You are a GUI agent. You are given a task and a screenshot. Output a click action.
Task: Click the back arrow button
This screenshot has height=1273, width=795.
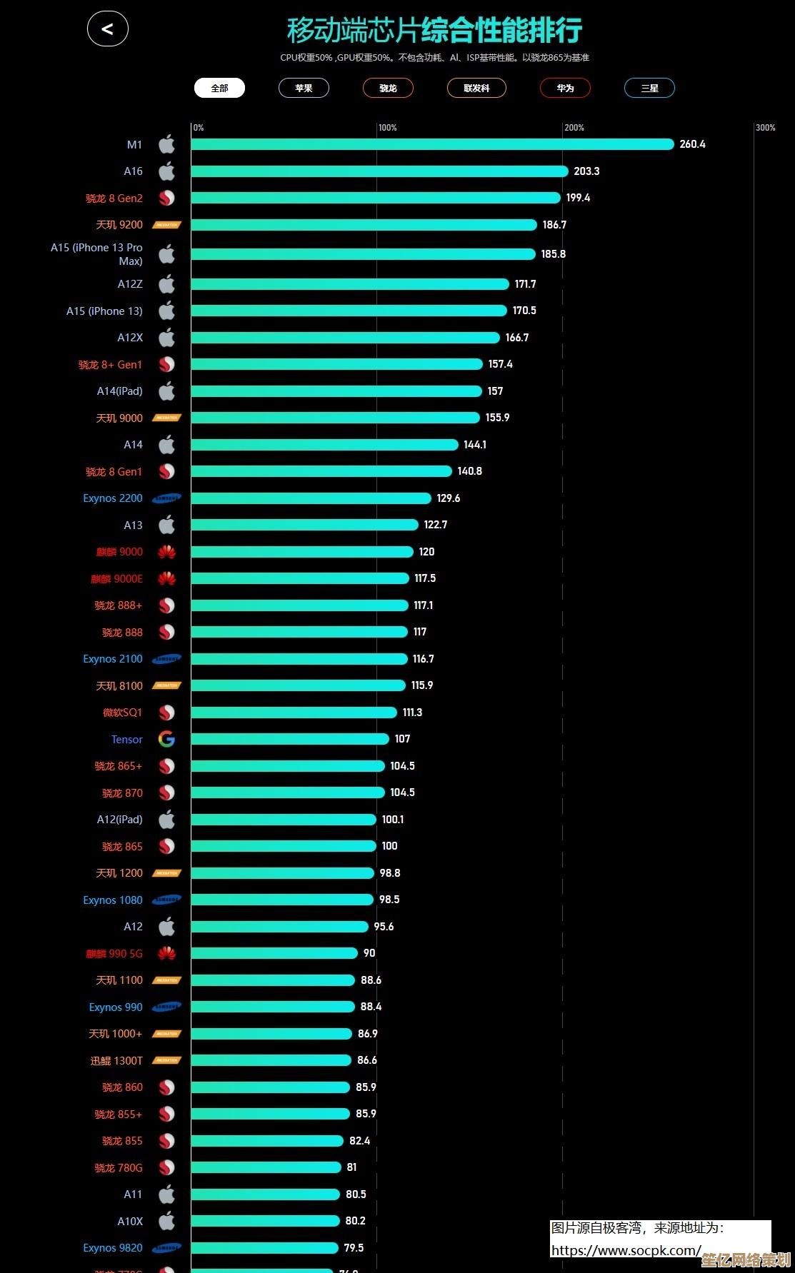coord(108,29)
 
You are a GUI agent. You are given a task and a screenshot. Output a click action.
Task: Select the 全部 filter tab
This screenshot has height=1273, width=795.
coord(219,88)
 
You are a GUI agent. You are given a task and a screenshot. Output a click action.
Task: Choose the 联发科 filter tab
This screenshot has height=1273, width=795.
coord(476,88)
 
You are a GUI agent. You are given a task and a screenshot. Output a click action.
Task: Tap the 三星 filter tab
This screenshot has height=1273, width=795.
coord(649,88)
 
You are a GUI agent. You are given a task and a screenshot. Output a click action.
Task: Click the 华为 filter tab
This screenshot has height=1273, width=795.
coord(565,88)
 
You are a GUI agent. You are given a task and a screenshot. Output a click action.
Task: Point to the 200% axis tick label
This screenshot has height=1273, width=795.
coord(574,128)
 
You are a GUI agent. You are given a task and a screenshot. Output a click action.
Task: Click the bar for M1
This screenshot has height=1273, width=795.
coord(432,144)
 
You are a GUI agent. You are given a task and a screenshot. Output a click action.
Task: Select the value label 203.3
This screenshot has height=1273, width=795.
coord(586,171)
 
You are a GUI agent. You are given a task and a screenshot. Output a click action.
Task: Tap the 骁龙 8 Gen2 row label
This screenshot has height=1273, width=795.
coord(114,198)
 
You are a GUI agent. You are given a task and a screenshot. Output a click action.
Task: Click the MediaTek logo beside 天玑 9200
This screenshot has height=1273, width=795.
coord(166,225)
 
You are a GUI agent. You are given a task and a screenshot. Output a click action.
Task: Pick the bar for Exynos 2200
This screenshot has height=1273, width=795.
coord(311,498)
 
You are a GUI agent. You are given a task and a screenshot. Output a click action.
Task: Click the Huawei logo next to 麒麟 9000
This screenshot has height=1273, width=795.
coord(166,552)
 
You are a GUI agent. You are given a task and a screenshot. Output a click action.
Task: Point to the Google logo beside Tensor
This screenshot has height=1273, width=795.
coord(166,740)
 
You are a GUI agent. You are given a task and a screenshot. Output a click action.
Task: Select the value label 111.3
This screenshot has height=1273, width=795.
coord(412,713)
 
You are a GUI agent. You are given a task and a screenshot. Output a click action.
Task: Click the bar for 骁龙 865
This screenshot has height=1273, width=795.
coord(284,846)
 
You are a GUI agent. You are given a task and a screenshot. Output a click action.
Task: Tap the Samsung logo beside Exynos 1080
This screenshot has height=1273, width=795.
coord(166,900)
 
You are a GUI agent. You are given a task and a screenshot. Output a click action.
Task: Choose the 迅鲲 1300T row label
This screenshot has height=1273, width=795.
coord(116,1061)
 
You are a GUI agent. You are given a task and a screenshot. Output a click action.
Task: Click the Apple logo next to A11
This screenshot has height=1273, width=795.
coord(166,1194)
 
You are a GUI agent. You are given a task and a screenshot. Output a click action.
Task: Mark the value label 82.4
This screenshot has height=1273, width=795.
coord(359,1141)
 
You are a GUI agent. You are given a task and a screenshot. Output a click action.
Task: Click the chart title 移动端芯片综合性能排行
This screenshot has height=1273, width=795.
coord(434,31)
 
